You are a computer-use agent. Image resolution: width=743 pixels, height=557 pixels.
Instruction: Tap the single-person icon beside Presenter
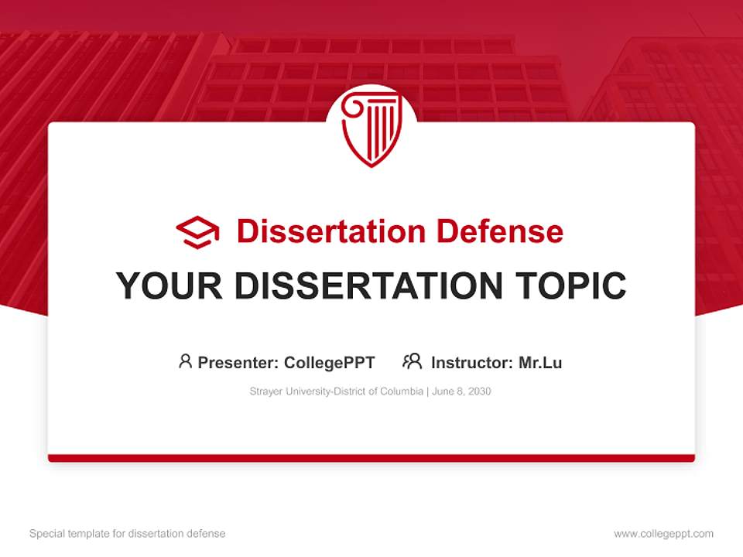185,361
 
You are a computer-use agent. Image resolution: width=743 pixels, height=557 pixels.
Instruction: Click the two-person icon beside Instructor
412,361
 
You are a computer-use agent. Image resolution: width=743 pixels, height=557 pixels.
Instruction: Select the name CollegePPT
330,362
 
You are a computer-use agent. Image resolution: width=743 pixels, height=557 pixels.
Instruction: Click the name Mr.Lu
540,362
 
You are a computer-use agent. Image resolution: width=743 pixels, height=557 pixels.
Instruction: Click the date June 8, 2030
461,391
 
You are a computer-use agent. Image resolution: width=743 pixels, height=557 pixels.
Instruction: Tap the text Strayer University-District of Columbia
335,391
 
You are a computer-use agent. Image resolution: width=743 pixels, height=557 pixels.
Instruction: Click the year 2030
479,391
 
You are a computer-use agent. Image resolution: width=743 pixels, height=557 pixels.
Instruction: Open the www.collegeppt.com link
663,534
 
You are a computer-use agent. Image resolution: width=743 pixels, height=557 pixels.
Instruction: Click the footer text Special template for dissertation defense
127,534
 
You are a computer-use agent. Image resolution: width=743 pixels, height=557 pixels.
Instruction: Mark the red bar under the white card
371,458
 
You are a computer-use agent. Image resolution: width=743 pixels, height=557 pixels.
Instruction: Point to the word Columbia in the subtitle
400,391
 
